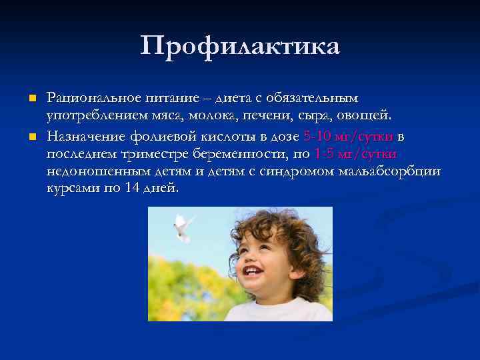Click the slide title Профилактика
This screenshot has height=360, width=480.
coord(240,47)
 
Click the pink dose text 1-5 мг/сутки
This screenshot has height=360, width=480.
coord(357,155)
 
